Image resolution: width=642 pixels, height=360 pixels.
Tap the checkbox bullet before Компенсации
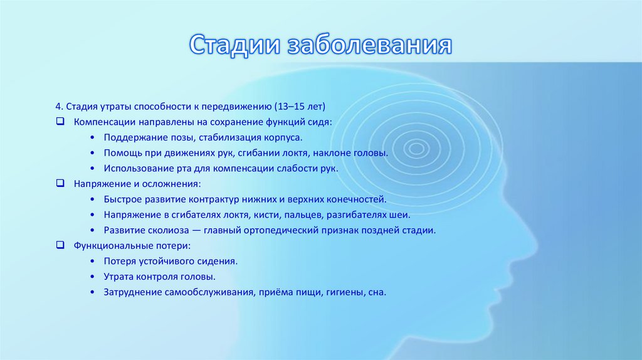[60, 120]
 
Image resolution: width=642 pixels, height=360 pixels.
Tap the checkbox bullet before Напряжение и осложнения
[60, 184]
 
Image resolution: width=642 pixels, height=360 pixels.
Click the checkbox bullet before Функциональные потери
[60, 245]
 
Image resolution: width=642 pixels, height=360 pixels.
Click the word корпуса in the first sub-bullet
[285, 136]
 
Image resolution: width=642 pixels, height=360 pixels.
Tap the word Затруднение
[131, 292]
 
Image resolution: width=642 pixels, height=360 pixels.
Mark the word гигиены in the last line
[344, 292]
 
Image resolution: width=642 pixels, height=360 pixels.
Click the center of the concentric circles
[414, 149]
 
